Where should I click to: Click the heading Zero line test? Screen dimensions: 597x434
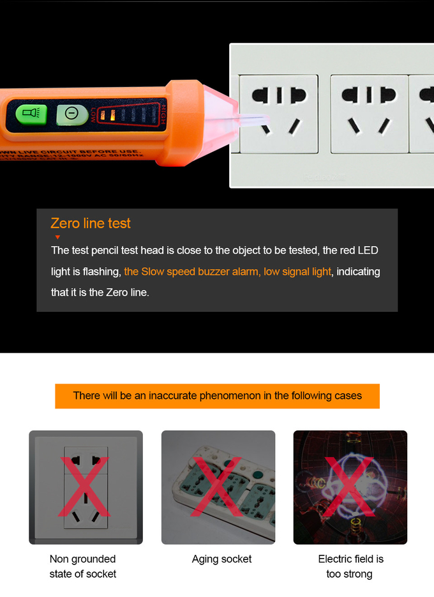[91, 223]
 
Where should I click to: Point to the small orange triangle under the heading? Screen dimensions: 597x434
[57, 237]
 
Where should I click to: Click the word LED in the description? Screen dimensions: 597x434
[368, 250]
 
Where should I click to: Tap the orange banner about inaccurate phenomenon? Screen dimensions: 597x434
[217, 396]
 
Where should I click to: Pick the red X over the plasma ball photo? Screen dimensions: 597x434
[350, 487]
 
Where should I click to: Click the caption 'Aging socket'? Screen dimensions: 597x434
[221, 559]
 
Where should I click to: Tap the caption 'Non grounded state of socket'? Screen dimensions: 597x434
[83, 566]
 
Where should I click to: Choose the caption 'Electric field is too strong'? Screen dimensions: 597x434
[350, 566]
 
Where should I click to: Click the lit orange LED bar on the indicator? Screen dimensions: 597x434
[112, 116]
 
